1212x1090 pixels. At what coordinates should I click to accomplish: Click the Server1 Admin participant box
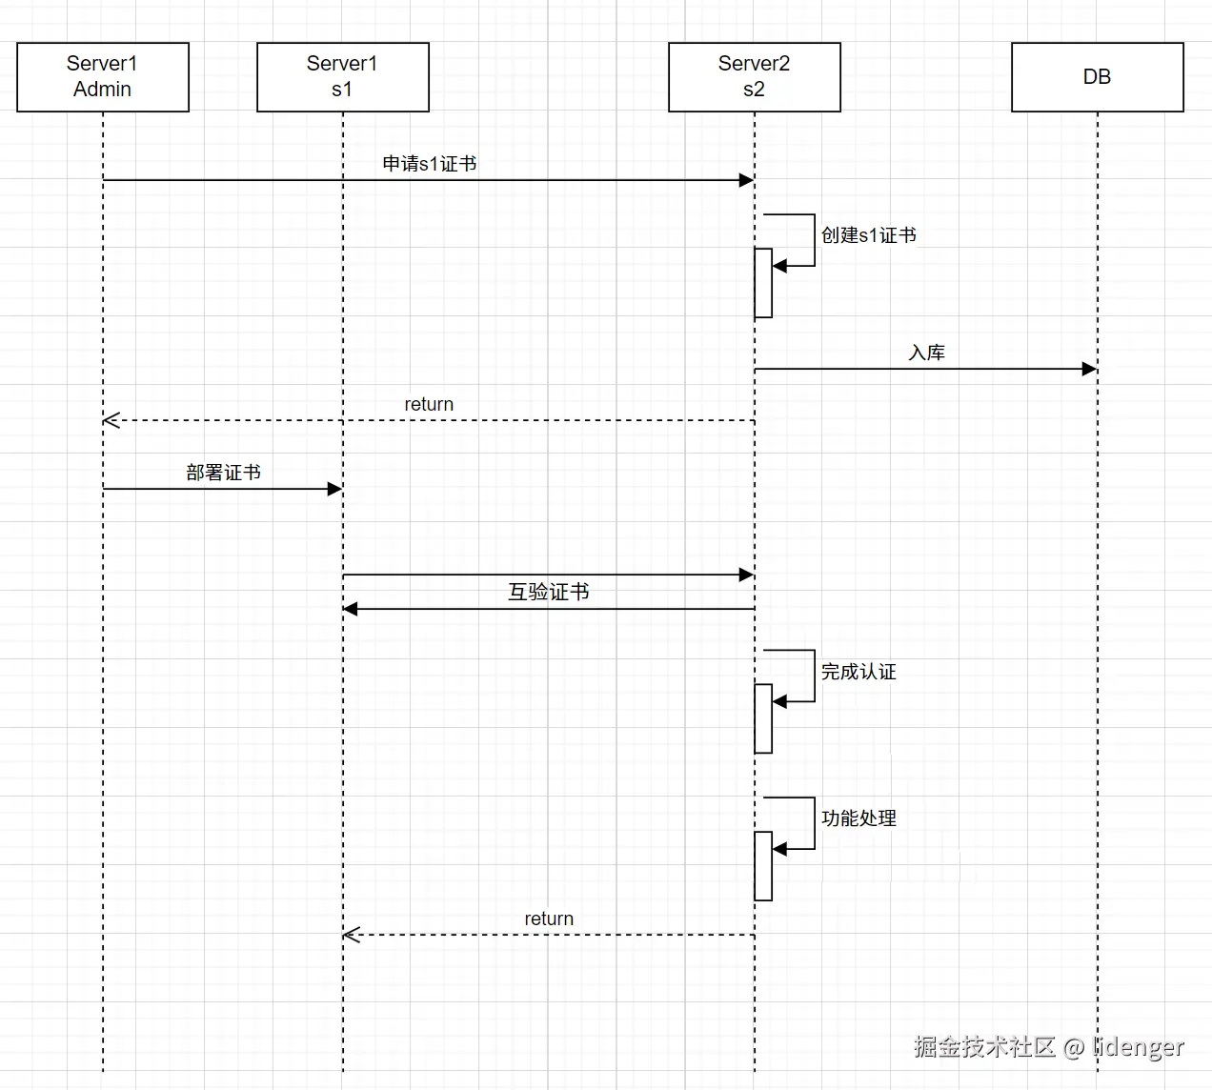[103, 77]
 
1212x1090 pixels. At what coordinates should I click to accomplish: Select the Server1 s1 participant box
[343, 77]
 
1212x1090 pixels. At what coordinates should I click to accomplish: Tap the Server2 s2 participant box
[755, 77]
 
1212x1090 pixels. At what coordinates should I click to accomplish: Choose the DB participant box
[1098, 77]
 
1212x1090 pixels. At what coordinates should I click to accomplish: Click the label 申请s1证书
[430, 164]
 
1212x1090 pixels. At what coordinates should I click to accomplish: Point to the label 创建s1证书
[869, 235]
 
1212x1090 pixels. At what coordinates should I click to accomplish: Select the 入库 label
[926, 353]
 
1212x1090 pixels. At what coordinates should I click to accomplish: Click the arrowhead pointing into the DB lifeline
[1090, 369]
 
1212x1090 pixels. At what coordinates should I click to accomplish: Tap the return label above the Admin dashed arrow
[429, 404]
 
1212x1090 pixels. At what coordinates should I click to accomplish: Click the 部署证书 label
[224, 473]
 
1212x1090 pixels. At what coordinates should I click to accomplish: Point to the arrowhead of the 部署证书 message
[334, 489]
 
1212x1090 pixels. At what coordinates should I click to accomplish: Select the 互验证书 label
[549, 592]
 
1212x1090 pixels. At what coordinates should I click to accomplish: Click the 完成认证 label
[858, 672]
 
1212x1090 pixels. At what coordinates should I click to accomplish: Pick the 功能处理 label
[858, 818]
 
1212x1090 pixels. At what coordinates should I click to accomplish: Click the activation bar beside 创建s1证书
[763, 283]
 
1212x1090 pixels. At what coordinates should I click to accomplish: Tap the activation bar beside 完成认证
[763, 718]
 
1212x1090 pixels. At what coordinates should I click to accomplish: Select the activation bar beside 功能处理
[763, 866]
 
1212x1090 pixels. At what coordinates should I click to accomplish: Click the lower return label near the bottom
[549, 918]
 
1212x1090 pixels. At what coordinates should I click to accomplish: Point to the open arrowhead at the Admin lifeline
[111, 420]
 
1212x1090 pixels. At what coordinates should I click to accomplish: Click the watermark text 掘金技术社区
[984, 1046]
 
